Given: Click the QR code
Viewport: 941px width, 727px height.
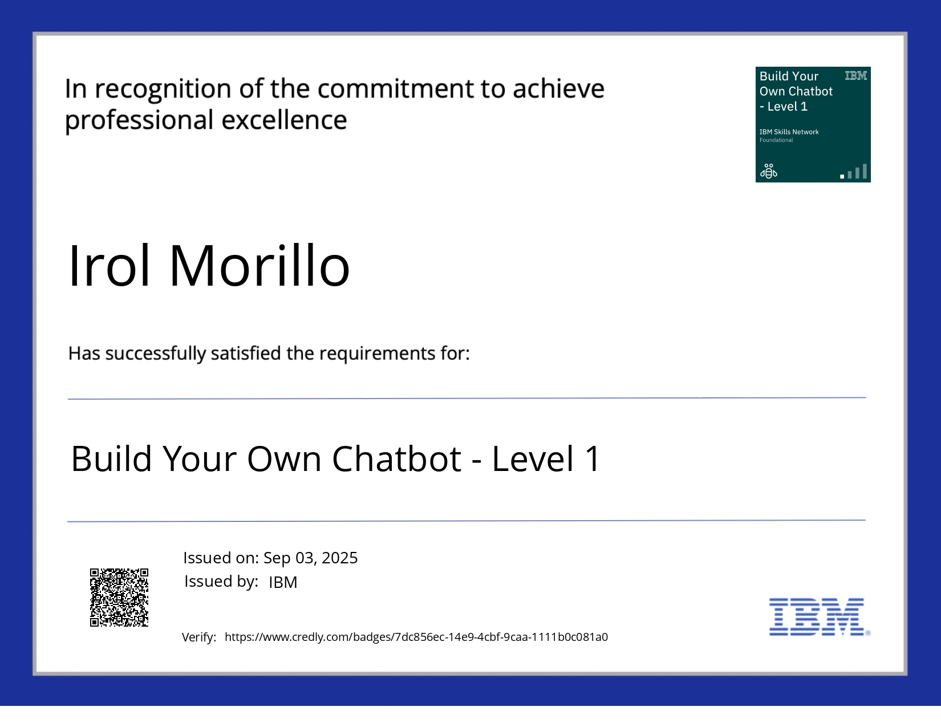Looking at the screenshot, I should click(119, 597).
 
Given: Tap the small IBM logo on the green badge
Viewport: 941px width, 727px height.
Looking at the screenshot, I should click(855, 76).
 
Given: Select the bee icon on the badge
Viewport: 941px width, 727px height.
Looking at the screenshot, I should click(768, 170).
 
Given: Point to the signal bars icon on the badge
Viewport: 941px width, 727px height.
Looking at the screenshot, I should click(854, 172).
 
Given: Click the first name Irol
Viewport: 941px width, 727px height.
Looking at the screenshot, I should click(109, 266).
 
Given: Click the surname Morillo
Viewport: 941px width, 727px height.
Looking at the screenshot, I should click(259, 266).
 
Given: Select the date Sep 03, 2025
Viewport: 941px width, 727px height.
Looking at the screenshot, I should click(310, 558).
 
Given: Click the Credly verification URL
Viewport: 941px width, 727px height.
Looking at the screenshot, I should click(416, 637).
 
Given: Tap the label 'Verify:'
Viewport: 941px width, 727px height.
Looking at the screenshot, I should click(198, 637).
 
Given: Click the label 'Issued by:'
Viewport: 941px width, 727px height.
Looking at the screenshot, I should click(221, 582).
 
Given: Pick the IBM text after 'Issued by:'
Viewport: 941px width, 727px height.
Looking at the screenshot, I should click(283, 582).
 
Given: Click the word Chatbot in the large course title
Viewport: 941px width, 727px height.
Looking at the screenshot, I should click(396, 458).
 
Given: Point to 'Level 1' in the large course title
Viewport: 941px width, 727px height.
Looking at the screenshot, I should click(546, 458).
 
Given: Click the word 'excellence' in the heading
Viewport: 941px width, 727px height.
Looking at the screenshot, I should click(283, 120).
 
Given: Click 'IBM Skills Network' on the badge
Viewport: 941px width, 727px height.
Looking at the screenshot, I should click(789, 132).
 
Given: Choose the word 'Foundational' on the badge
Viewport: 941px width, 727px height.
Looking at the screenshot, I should click(776, 140).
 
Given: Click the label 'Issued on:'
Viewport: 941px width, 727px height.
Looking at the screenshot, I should click(221, 558).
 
